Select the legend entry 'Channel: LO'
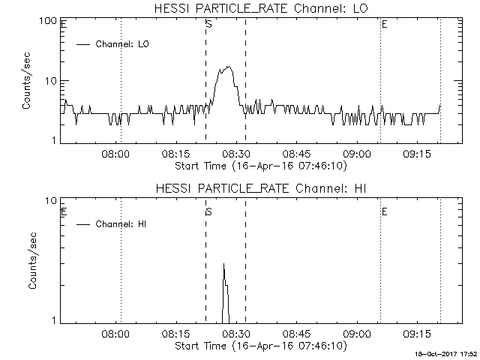[123, 44]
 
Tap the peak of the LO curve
[227, 67]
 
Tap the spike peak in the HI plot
[223, 265]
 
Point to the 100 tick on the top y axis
[49, 21]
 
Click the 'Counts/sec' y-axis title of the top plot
[26, 81]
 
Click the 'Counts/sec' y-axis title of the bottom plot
[32, 260]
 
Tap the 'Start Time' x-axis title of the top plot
[259, 165]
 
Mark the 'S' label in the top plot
[208, 25]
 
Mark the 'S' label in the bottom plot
[208, 211]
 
